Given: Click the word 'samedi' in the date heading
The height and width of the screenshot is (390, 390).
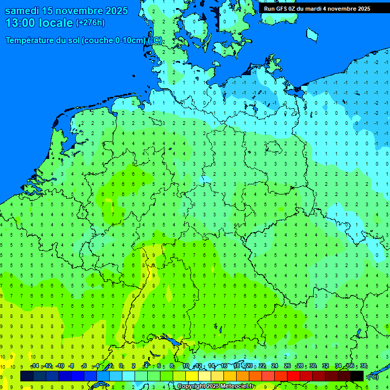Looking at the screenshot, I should click(25, 11).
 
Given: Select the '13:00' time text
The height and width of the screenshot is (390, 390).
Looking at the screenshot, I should click(20, 23).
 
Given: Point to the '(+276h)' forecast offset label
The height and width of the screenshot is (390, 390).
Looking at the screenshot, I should click(90, 23).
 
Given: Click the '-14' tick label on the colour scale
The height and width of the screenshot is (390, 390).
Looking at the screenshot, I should click(35, 366).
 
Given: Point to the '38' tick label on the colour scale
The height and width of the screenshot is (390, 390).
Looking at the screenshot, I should click(363, 366).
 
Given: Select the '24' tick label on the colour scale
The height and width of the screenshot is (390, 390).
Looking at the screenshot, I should click(275, 366).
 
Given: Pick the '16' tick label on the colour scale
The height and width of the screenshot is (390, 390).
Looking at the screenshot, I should click(224, 366).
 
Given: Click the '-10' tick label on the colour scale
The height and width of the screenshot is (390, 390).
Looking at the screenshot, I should click(59, 366).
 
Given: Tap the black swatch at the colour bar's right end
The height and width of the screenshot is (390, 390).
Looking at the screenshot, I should click(357, 376).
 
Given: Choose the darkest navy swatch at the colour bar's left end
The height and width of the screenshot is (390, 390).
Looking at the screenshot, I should click(27, 376).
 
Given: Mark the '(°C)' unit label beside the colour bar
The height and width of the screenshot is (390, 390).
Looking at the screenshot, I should click(373, 376).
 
